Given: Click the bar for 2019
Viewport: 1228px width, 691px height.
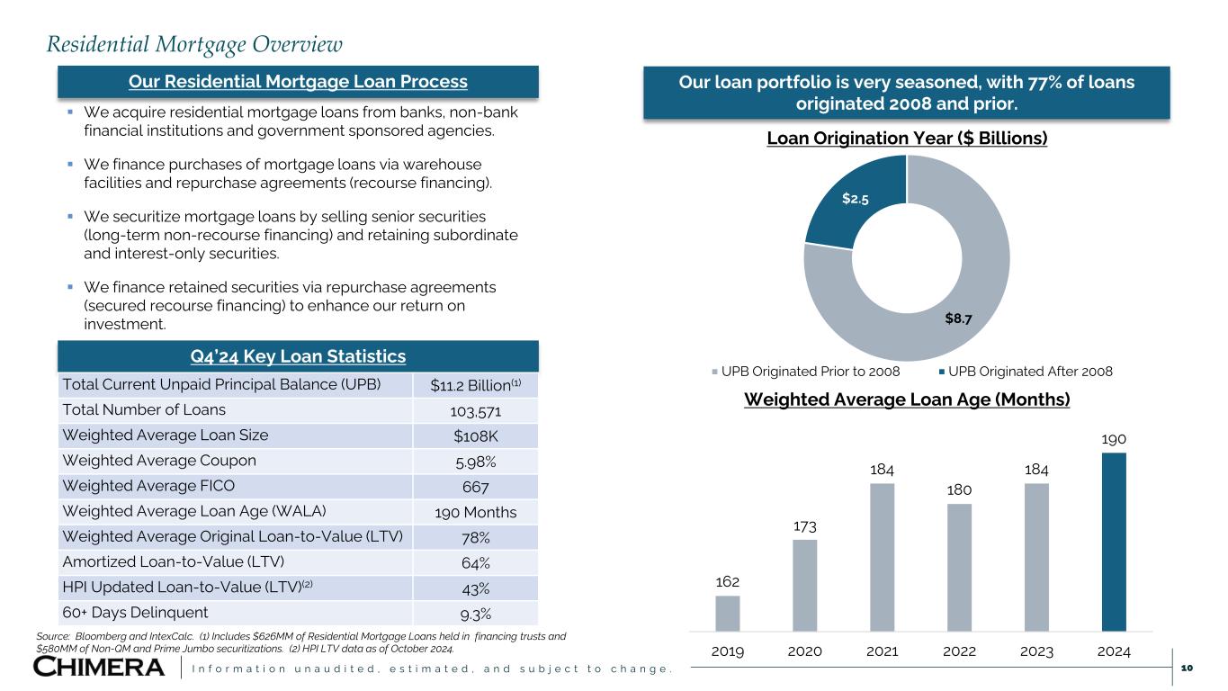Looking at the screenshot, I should [728, 613].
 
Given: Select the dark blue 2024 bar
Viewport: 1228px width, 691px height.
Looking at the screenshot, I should [1114, 542].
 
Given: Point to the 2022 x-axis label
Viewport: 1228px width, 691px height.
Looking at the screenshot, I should [959, 651].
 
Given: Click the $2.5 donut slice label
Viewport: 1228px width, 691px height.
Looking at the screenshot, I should [855, 198].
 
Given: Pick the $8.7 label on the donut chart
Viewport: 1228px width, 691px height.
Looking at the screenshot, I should [958, 319].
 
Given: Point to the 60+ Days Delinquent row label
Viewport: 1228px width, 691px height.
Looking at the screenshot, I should [135, 613].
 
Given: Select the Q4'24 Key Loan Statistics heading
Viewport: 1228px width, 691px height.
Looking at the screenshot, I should [298, 356].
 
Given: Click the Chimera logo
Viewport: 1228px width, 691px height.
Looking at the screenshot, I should [100, 667].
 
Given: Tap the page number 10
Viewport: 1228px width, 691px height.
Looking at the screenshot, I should [1186, 668].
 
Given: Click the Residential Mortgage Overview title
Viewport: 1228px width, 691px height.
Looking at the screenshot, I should [194, 43].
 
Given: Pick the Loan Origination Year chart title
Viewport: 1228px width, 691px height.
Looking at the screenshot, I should [907, 139].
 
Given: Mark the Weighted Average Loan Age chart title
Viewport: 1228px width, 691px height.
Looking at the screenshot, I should [907, 399].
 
